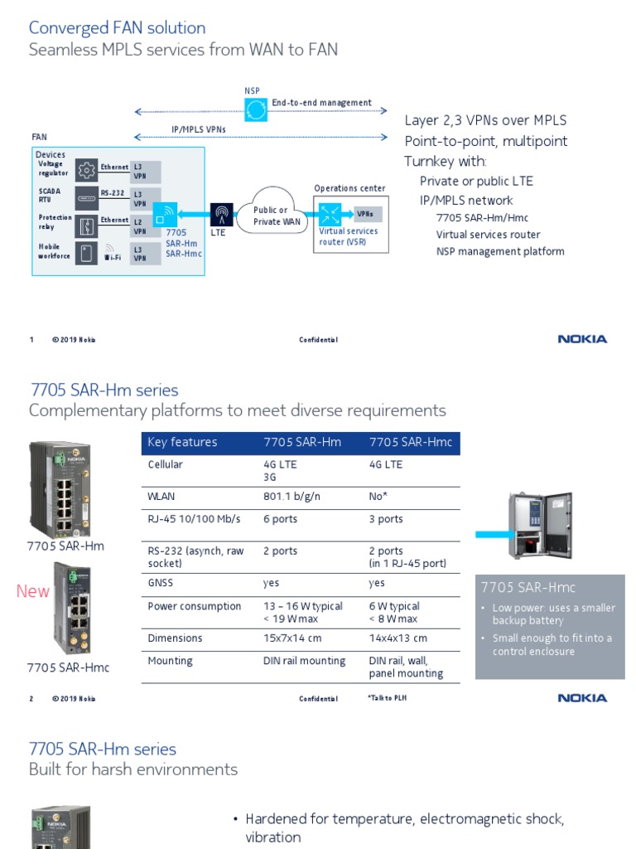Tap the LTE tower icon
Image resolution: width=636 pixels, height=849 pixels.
coord(221,215)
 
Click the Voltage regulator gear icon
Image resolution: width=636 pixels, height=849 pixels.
coord(86,171)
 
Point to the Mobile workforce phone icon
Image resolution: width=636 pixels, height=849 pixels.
coord(86,252)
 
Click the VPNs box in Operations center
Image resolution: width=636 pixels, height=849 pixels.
coord(365,215)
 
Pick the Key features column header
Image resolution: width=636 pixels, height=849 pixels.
coord(182,443)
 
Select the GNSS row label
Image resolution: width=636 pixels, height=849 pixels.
coord(161,583)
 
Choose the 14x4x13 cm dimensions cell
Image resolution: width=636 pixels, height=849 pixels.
coord(398,638)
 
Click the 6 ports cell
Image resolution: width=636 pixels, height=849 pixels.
coord(280,519)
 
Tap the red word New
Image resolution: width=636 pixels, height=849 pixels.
coord(33,591)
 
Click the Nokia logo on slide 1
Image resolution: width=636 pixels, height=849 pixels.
coord(582,339)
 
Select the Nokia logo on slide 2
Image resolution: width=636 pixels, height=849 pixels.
coord(582,698)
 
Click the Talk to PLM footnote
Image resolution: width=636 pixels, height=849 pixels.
coord(387,698)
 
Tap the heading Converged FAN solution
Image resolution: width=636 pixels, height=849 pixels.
coord(117,28)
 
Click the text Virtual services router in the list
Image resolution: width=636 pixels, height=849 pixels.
coord(488,235)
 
